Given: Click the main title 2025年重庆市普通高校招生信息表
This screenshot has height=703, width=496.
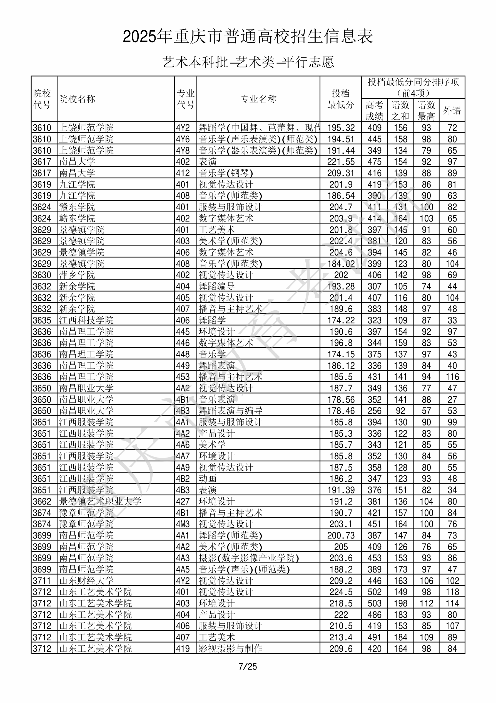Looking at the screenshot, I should point(248,37).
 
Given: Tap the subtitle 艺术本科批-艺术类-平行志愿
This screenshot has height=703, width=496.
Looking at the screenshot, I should point(248,62).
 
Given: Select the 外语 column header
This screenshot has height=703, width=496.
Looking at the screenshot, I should point(452,110).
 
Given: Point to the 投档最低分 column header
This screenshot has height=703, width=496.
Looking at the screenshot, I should point(340,99).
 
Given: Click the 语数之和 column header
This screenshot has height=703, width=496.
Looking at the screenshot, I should point(400,110).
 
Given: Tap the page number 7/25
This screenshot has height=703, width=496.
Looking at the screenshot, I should point(248,666).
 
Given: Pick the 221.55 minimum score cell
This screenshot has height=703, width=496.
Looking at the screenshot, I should point(341,162).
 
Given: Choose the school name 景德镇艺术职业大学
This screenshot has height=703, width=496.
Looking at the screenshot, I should point(100,501).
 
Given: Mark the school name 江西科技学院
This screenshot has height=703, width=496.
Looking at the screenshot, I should point(86,320).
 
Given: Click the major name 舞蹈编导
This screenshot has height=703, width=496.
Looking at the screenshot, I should point(216,286).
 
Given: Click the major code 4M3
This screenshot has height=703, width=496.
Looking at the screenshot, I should point(183,524).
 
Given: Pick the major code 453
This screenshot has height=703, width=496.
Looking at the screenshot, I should point(183,377).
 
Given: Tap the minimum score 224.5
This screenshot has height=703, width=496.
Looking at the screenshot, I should point(341,592).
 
